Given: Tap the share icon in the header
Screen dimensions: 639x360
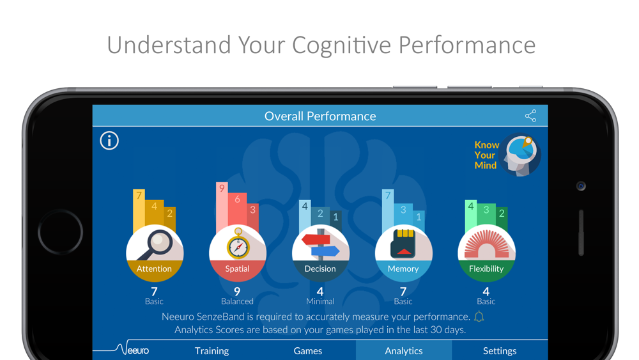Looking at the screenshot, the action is [x=530, y=116].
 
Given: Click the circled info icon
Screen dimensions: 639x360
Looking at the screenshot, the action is [x=109, y=141].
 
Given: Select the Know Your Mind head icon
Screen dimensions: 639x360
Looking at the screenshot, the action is [x=520, y=155].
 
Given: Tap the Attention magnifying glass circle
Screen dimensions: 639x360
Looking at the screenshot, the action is [x=155, y=253].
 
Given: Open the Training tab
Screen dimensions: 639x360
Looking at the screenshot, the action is [x=212, y=350].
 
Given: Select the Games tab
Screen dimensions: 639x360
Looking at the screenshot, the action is [x=308, y=350].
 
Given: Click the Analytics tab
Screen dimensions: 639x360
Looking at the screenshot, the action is [x=404, y=350].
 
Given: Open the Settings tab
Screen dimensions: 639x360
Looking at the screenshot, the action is [x=500, y=350].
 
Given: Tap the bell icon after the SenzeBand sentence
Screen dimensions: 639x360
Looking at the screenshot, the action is [x=479, y=317].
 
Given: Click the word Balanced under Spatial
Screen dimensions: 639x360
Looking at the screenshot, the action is [x=237, y=301].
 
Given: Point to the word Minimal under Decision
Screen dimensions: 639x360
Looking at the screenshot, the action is [x=320, y=301].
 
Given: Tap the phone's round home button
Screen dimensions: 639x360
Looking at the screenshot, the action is [x=60, y=232].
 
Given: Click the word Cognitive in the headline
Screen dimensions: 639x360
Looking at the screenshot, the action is [x=341, y=45].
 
